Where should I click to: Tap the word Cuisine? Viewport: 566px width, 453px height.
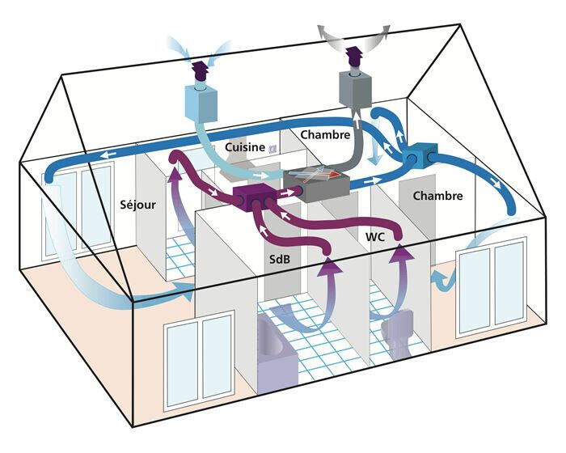[x=246, y=147]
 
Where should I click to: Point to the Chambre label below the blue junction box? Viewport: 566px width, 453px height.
[x=437, y=196]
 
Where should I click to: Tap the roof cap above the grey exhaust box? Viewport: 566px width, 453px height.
[x=353, y=57]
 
